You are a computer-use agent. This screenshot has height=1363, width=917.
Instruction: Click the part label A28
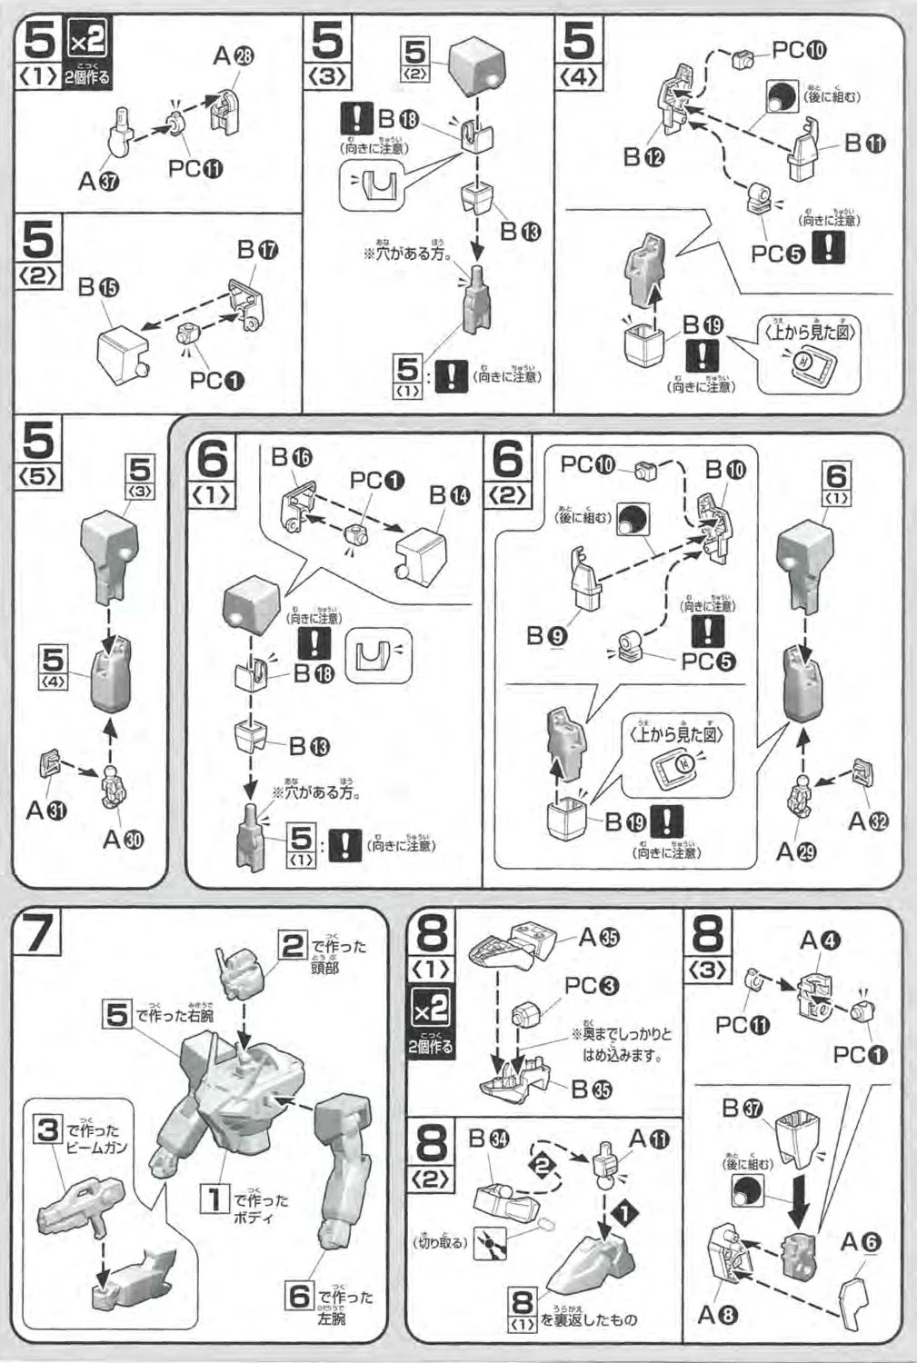(234, 57)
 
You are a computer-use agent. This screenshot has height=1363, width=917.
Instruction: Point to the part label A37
(97, 181)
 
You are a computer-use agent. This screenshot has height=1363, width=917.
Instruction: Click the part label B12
(643, 157)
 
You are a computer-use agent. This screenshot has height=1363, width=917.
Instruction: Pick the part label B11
(865, 143)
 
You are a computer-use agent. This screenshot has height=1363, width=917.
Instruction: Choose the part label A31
(46, 810)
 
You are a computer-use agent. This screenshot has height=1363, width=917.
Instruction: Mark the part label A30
(123, 839)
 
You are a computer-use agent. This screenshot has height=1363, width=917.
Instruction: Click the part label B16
(292, 457)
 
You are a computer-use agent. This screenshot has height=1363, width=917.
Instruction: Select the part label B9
(547, 635)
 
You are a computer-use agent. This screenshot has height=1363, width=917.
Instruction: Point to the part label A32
(868, 821)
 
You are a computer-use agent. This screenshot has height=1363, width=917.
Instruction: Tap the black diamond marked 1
(623, 1211)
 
